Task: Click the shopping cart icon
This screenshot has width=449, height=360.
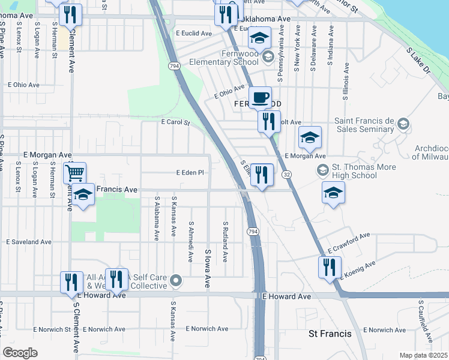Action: [x=74, y=173]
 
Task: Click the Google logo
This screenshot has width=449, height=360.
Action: [x=20, y=353]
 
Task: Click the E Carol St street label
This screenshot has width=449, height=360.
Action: [x=175, y=122]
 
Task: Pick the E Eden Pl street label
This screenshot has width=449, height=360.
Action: [x=190, y=172]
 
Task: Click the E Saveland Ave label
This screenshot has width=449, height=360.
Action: [x=28, y=242]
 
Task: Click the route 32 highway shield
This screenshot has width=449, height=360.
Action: [x=288, y=174]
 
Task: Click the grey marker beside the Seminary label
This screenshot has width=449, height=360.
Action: [x=403, y=125]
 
